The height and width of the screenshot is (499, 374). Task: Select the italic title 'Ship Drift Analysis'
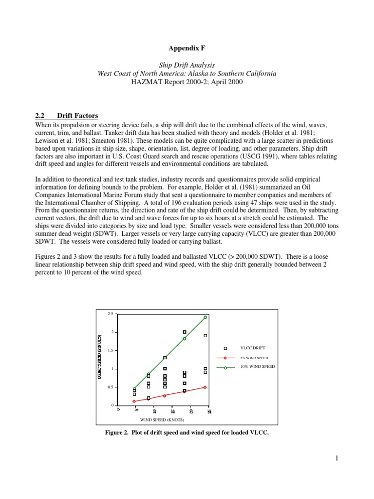coord(187,65)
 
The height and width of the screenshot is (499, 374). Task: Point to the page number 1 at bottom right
coord(336,458)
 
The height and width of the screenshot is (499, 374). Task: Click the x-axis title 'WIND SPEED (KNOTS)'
coord(163,419)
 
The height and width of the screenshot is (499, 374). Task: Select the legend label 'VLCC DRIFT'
coord(251,348)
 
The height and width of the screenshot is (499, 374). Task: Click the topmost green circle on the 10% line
coord(205,317)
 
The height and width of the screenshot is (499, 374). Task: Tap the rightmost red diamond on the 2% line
coord(205,387)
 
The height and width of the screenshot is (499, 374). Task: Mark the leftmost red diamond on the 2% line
coord(134,402)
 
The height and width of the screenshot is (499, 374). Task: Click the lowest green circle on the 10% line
coord(134,388)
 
